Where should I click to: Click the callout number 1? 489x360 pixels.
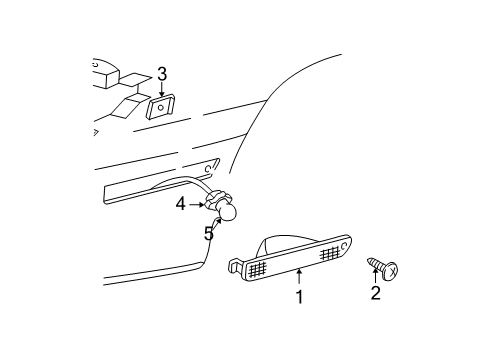pyautogui.click(x=298, y=297)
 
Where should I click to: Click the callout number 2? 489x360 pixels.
pyautogui.click(x=375, y=293)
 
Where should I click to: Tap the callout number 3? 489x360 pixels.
pyautogui.click(x=161, y=74)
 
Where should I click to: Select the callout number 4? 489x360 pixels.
pyautogui.click(x=181, y=204)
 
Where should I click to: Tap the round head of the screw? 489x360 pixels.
pyautogui.click(x=391, y=269)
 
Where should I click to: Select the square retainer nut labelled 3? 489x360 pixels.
pyautogui.click(x=160, y=106)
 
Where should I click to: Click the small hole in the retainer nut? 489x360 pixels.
pyautogui.click(x=160, y=106)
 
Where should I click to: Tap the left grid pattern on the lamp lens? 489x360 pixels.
pyautogui.click(x=257, y=268)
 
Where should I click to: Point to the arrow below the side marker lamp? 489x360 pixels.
pyautogui.click(x=298, y=277)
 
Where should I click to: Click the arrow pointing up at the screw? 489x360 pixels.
pyautogui.click(x=376, y=276)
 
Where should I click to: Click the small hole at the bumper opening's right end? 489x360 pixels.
pyautogui.click(x=213, y=165)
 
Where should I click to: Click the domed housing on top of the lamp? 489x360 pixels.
pyautogui.click(x=290, y=243)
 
